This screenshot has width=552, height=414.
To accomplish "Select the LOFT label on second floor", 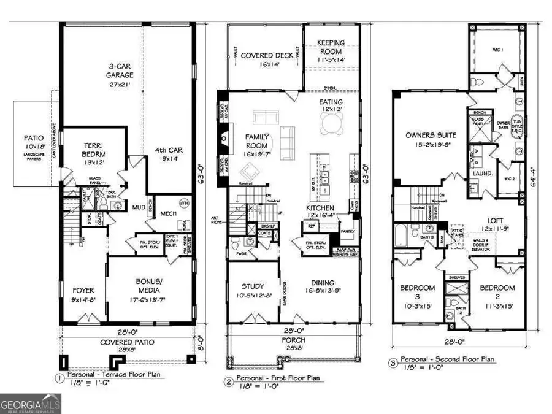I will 496,224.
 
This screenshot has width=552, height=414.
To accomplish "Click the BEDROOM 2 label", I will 497,293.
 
